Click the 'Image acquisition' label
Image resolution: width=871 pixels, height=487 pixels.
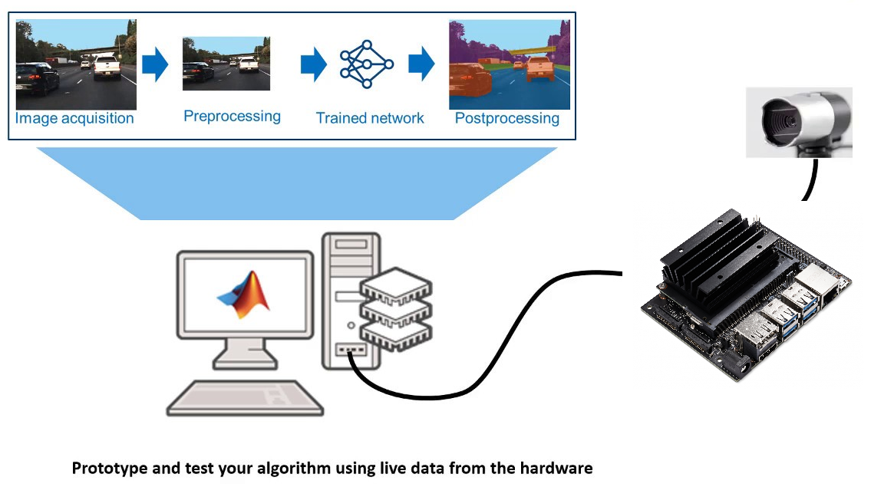[x=74, y=119]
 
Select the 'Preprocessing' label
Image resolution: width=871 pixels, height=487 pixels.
[x=232, y=117]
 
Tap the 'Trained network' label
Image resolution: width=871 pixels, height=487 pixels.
[x=370, y=118]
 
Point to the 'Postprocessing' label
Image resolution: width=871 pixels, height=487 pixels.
[x=507, y=118]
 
